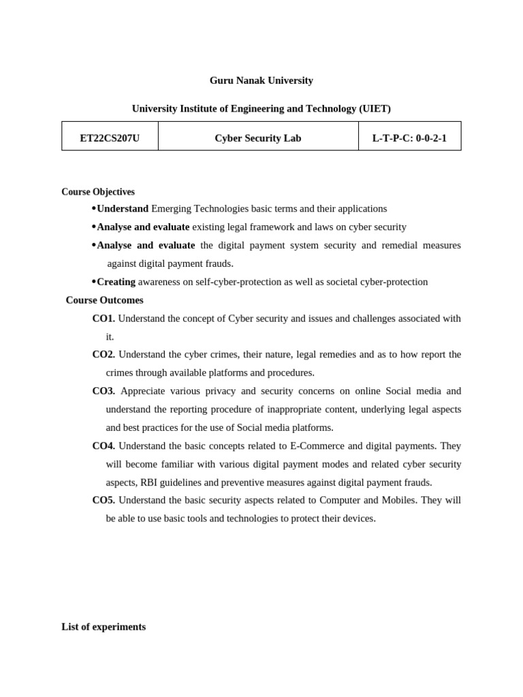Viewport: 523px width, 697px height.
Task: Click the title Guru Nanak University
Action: (261, 80)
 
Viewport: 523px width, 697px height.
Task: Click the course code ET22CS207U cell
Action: (110, 138)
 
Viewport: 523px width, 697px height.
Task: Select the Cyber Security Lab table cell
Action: (257, 138)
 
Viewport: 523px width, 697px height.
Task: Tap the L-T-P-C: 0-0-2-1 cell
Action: (409, 138)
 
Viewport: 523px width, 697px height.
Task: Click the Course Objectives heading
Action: (98, 192)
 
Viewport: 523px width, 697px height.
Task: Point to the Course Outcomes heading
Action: (104, 300)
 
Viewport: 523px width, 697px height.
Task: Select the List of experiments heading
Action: (104, 627)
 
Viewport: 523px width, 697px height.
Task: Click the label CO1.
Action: (104, 319)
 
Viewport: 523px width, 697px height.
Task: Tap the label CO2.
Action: (104, 355)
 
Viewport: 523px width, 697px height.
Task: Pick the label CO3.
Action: (104, 391)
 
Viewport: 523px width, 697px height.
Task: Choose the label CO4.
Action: (104, 446)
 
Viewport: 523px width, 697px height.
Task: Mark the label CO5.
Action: (104, 500)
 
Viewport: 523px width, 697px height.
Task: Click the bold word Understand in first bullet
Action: (123, 209)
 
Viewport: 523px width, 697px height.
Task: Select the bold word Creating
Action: (116, 282)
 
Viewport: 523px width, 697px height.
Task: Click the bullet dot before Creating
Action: (93, 281)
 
